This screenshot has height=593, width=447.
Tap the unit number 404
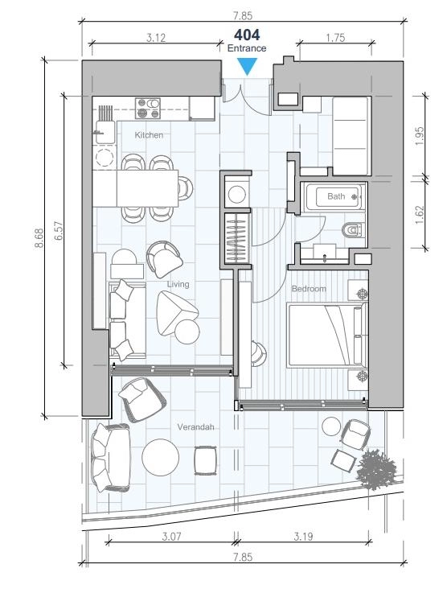(247, 35)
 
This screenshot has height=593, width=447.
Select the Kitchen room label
(149, 135)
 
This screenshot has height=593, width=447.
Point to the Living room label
(178, 284)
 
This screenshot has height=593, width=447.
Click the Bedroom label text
(309, 289)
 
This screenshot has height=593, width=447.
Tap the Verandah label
(195, 426)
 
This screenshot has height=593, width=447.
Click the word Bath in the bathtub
(336, 196)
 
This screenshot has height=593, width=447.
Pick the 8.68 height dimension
(39, 237)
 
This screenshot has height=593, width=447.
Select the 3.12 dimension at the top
(156, 38)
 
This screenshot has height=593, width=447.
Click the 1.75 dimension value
(335, 38)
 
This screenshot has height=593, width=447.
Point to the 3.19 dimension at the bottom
(303, 536)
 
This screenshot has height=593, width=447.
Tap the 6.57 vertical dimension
(59, 231)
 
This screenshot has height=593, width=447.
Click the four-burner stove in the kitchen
(148, 109)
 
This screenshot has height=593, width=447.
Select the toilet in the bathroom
(353, 229)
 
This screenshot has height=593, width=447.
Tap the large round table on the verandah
(160, 457)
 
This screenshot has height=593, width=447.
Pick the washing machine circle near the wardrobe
(237, 195)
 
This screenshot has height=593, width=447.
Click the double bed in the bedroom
(327, 335)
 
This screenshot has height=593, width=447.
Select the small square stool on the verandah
(206, 460)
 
